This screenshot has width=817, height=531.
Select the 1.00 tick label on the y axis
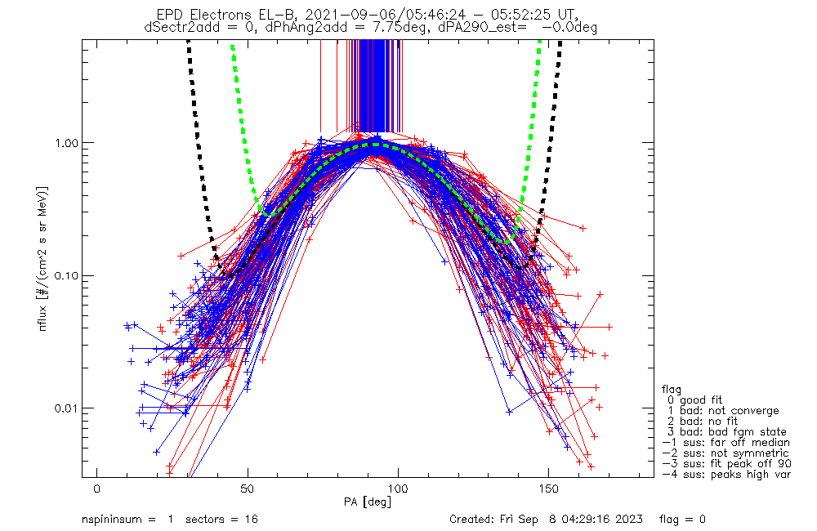click(x=65, y=142)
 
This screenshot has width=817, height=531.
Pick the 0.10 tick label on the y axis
click(x=65, y=275)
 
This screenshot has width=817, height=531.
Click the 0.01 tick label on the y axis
click(x=65, y=408)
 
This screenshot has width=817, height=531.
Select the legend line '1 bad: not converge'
click(x=720, y=410)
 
